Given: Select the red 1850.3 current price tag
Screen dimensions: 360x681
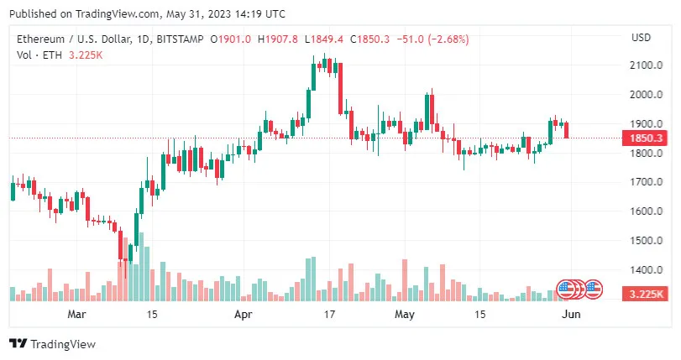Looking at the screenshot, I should point(642,138).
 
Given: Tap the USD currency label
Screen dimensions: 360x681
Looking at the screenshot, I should point(641,37).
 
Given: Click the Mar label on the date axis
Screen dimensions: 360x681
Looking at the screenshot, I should point(77,315).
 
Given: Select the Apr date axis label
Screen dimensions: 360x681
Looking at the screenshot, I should point(243,315).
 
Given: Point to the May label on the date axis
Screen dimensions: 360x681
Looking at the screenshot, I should point(406,315).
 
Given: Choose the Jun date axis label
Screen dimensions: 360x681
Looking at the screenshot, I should point(570,315).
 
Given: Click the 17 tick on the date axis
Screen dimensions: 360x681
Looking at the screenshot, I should point(330,315).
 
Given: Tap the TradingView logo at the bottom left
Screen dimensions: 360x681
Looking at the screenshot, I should point(52,344).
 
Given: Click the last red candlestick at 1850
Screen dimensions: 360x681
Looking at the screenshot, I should point(567,130).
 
